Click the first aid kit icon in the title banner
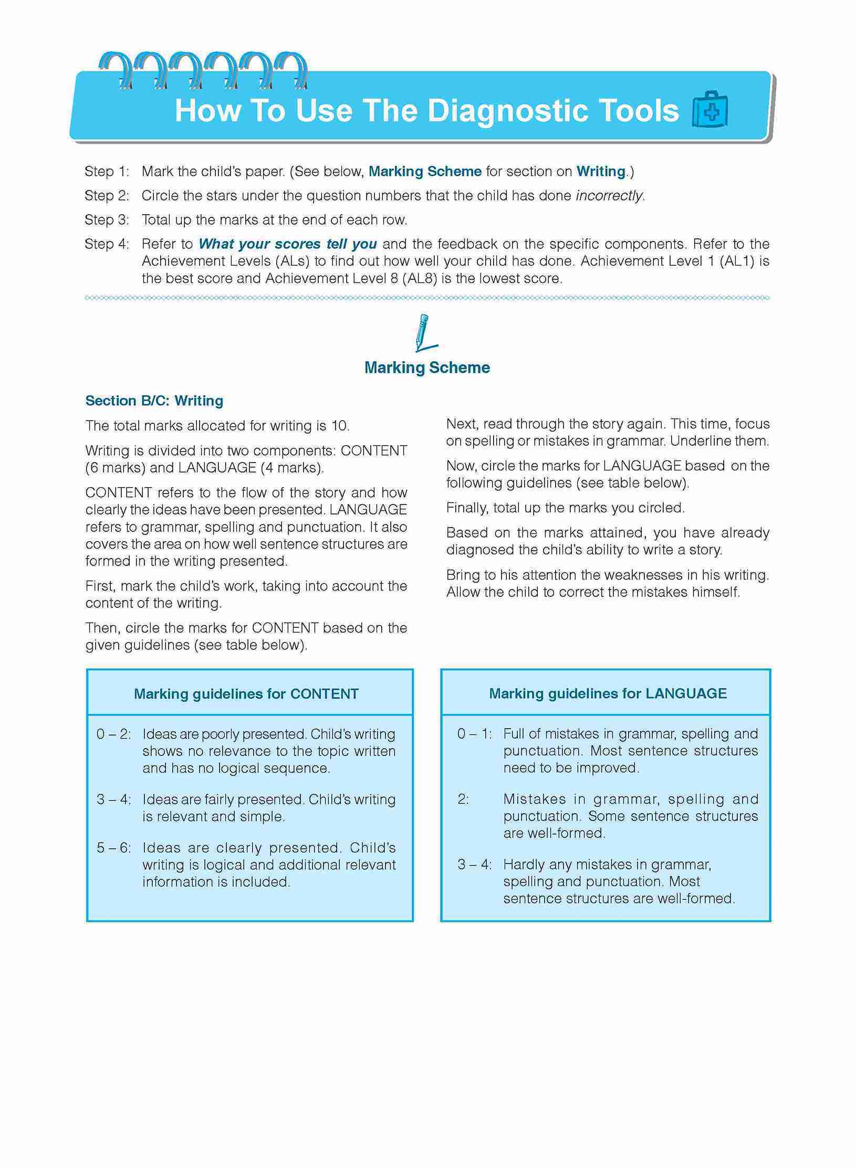point(710,110)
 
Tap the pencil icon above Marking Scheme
point(424,333)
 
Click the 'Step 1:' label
point(107,172)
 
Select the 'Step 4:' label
point(107,244)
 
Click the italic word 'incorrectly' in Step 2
point(610,196)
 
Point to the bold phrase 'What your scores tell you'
point(288,244)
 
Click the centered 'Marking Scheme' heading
point(427,367)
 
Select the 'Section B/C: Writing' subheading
point(154,401)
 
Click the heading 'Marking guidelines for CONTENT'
point(246,694)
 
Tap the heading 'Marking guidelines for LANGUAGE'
point(608,693)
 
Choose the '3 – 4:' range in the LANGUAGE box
point(474,864)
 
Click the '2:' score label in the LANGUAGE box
point(463,799)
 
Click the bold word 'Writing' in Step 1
point(601,172)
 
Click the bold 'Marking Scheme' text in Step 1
point(425,172)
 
